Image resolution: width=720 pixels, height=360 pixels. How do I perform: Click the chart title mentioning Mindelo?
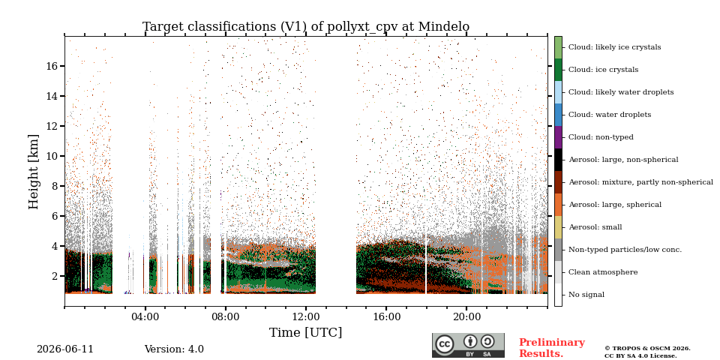(x=306, y=27)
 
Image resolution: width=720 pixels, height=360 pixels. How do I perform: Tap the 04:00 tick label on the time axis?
(x=145, y=317)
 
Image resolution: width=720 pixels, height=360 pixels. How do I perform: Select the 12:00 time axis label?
(x=306, y=317)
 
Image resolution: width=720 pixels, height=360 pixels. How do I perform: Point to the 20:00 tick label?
(x=466, y=317)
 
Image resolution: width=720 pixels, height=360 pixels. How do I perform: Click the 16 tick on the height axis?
(x=52, y=66)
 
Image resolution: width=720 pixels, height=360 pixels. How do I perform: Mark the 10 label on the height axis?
(x=52, y=156)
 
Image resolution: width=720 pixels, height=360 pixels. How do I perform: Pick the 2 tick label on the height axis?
(x=55, y=276)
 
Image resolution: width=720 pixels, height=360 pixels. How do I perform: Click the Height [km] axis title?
(x=34, y=172)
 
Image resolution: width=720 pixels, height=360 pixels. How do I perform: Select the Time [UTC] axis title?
(x=306, y=332)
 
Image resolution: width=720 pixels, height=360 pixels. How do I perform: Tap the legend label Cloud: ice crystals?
(x=603, y=70)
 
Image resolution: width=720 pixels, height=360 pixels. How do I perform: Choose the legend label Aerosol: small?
(x=595, y=227)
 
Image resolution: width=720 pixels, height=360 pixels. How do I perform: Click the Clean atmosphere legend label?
(x=603, y=272)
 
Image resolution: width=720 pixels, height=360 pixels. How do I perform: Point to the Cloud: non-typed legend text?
(x=601, y=137)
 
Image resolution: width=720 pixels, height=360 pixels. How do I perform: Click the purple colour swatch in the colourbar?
(x=558, y=137)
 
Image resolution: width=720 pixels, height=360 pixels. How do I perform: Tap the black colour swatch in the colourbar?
(x=558, y=160)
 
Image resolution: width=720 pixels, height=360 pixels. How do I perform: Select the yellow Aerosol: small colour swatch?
(x=558, y=227)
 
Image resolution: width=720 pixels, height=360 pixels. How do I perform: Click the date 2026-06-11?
(x=65, y=349)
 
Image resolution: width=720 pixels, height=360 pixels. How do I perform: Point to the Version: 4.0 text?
(x=174, y=349)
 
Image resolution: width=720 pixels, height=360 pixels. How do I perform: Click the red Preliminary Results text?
(x=552, y=348)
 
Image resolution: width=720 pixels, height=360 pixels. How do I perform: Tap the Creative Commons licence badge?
(x=468, y=345)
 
